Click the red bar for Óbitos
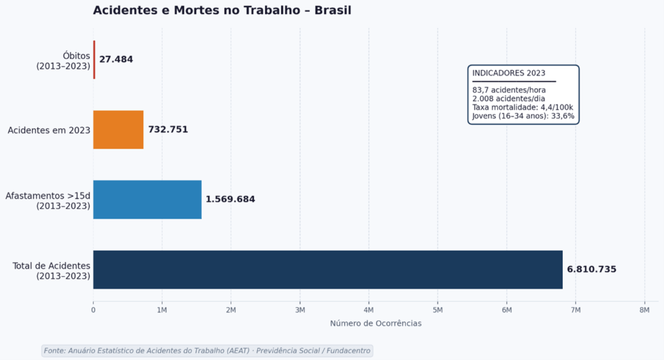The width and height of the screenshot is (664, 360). (x=94, y=60)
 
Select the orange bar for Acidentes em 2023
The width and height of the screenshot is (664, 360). (x=118, y=130)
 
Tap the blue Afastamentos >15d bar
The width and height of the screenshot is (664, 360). (x=147, y=200)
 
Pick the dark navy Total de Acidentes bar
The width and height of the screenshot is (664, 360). (x=327, y=269)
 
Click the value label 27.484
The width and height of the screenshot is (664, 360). (x=116, y=60)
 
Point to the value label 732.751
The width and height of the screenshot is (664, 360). (x=168, y=130)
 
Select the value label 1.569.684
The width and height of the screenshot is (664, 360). (x=230, y=200)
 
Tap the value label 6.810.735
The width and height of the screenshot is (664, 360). (x=591, y=270)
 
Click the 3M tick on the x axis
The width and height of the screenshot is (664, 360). (x=300, y=311)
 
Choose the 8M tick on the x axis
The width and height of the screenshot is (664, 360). (x=645, y=311)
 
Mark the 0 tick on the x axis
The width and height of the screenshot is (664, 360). (x=93, y=311)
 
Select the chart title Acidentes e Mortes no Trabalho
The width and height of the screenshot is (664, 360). (x=222, y=10)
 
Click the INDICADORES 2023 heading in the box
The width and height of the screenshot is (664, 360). (x=508, y=73)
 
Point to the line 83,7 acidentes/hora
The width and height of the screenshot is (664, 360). (x=508, y=90)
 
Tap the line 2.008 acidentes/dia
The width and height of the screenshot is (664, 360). (x=508, y=99)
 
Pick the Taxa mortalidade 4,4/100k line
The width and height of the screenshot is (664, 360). (x=522, y=107)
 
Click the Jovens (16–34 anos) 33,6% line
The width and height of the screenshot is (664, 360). (x=523, y=116)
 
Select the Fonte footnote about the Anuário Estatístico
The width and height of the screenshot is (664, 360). (x=207, y=350)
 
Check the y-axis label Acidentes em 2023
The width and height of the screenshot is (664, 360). (x=49, y=130)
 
